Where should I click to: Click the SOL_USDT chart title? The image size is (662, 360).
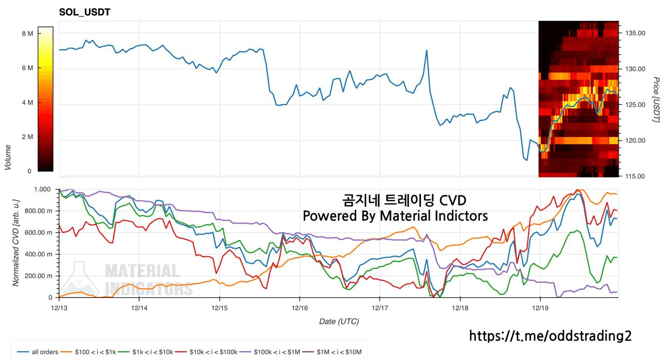(x=84, y=12)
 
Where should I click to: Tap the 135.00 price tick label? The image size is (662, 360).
(x=635, y=33)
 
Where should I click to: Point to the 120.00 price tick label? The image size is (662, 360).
(x=635, y=141)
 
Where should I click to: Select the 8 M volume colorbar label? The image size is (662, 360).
(x=27, y=34)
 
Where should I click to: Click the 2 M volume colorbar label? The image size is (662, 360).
(x=27, y=137)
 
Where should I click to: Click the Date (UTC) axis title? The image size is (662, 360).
(x=339, y=321)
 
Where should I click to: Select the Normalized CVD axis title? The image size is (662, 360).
(x=16, y=243)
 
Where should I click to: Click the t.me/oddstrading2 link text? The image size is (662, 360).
(x=550, y=336)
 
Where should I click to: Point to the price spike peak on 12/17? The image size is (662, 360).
(x=427, y=51)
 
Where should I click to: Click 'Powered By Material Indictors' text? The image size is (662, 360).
(x=395, y=216)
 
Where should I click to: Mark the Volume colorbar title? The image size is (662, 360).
(x=8, y=158)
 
